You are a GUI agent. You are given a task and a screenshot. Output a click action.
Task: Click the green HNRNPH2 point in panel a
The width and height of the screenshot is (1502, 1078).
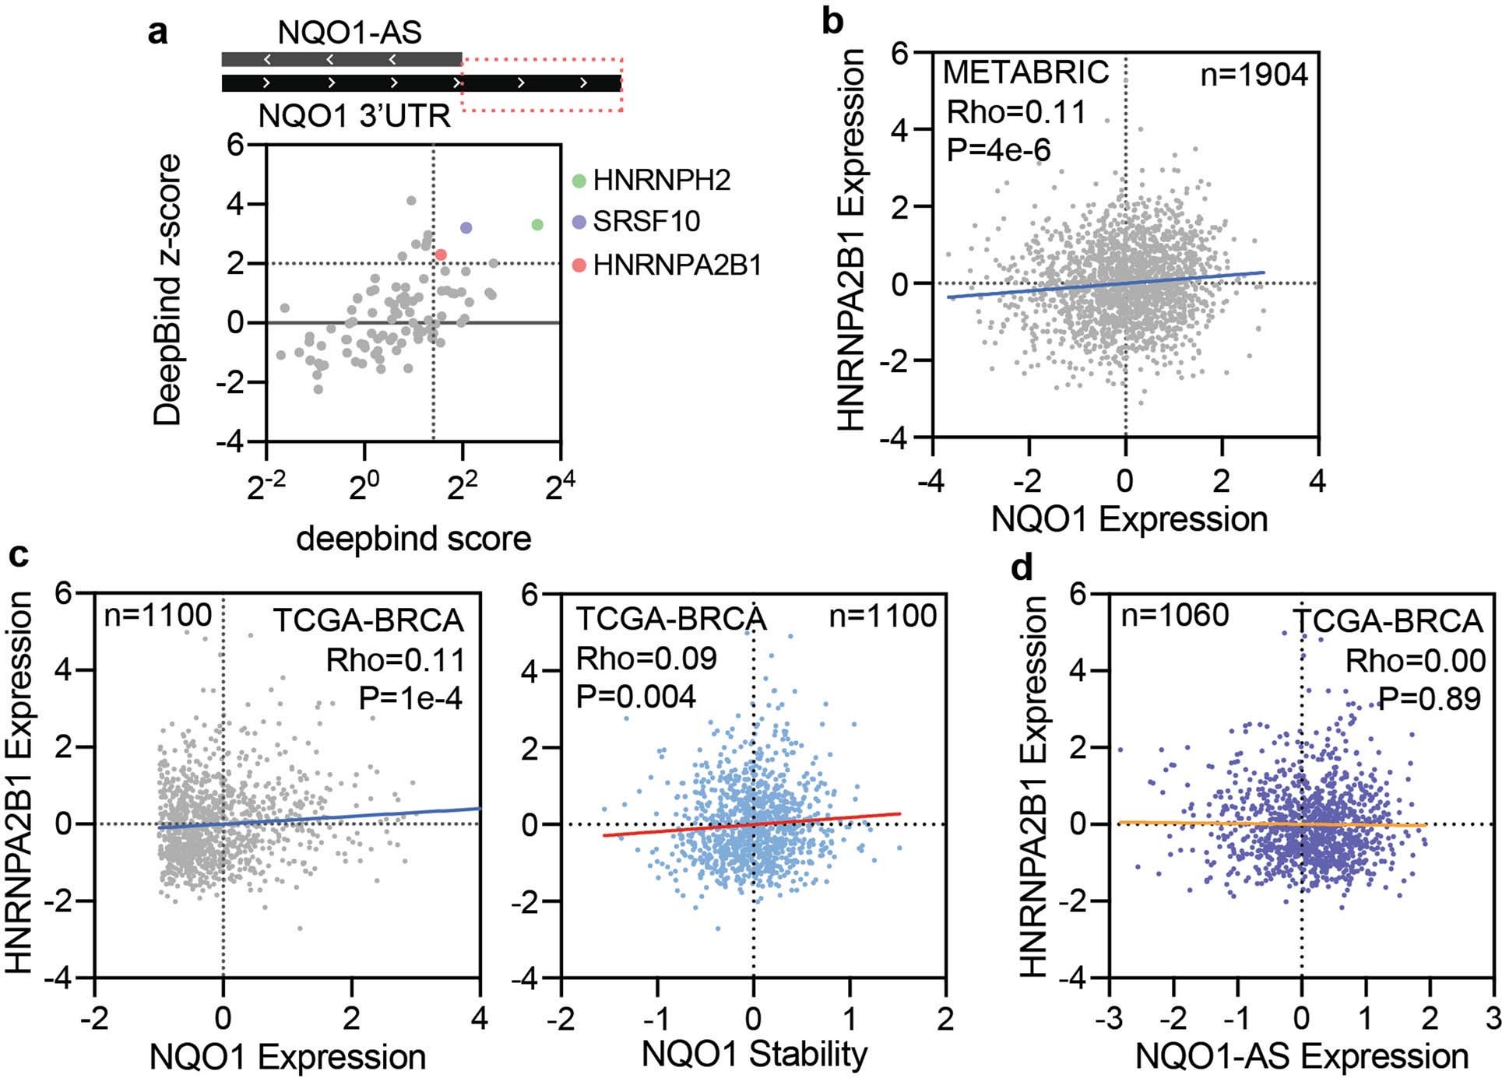tap(537, 225)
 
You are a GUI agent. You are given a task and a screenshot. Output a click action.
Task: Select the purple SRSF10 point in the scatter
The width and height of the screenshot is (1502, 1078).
tap(466, 228)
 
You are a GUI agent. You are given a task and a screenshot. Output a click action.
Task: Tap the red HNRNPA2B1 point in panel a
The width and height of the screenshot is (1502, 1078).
tap(441, 255)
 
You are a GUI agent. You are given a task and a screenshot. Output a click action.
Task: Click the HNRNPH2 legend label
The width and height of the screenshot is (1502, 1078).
tap(661, 181)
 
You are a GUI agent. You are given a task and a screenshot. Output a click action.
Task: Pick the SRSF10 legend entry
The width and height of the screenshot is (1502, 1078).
tap(645, 222)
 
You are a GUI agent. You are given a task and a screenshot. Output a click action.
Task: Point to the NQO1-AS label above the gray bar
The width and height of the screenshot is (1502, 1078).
tap(350, 33)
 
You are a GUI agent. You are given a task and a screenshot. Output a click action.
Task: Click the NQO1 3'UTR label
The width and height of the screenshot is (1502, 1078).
tap(354, 117)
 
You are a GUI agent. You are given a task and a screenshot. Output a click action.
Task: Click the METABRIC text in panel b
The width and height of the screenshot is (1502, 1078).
tap(1025, 72)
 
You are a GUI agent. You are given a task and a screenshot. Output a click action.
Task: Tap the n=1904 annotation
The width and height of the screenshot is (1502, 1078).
tap(1254, 75)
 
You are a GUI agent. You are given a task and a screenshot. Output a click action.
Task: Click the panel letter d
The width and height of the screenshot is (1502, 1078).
tap(1022, 568)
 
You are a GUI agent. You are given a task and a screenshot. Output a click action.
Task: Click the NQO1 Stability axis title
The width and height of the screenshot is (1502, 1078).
tap(754, 1055)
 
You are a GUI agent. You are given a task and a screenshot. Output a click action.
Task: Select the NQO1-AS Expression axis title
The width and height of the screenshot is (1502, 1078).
tap(1302, 1056)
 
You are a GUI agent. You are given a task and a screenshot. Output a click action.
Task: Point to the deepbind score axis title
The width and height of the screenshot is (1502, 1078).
tap(413, 539)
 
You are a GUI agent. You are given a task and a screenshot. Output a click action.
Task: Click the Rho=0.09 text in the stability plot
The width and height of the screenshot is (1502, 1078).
tap(645, 659)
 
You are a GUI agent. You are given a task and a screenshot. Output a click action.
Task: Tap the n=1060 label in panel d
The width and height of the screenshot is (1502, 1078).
tap(1174, 616)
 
